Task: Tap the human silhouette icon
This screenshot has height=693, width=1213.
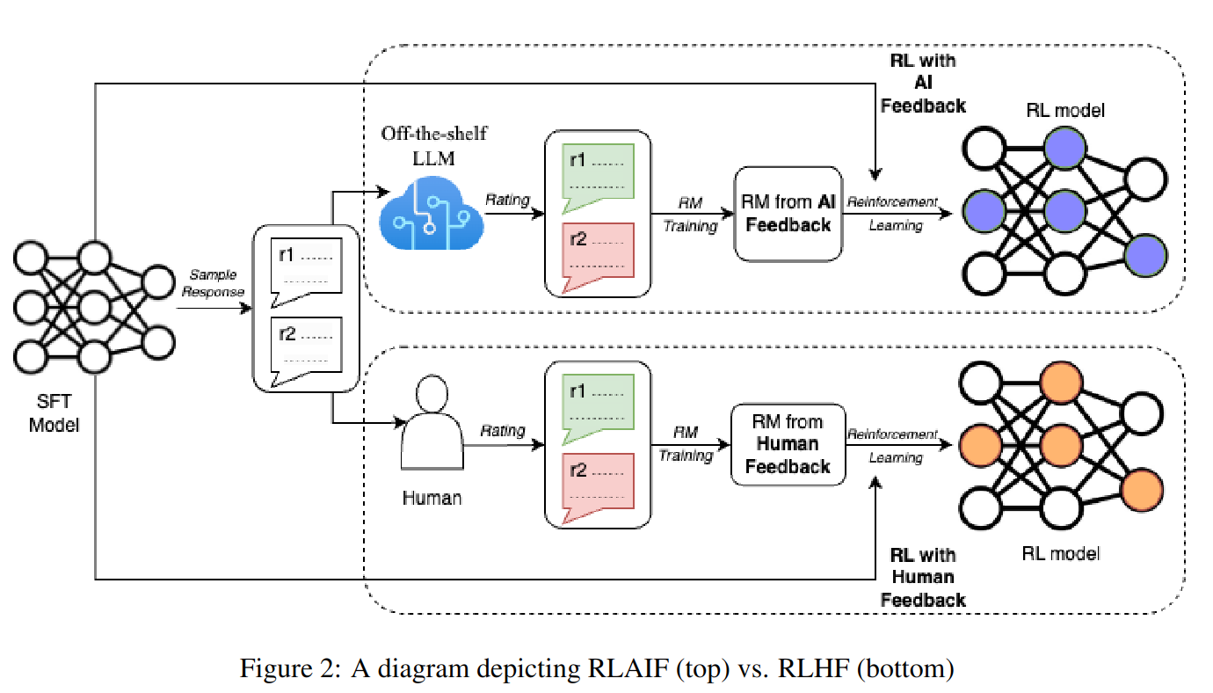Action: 432,422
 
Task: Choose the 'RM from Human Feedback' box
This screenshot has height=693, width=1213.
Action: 788,444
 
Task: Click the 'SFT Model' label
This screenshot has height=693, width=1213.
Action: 54,414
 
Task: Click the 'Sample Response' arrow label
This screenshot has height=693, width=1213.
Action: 213,283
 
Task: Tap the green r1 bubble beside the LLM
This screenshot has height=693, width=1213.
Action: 598,172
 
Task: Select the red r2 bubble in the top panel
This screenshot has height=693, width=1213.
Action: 598,252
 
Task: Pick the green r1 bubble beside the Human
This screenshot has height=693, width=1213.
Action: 598,404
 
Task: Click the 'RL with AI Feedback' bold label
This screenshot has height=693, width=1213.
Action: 923,84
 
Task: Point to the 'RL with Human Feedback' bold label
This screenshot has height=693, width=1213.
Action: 923,578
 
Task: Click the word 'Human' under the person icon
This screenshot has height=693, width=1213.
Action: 432,498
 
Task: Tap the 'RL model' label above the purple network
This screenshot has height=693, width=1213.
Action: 1064,111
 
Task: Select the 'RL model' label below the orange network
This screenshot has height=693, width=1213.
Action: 1061,553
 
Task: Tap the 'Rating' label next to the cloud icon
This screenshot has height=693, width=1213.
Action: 508,200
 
